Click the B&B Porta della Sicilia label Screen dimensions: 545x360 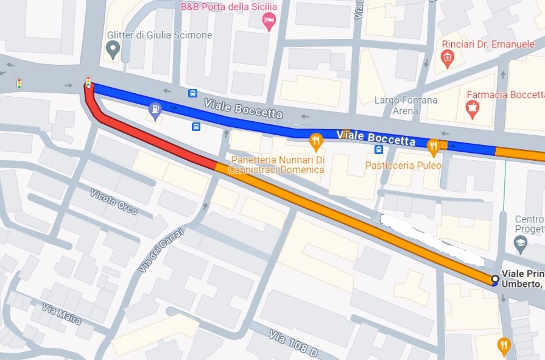point(228,7)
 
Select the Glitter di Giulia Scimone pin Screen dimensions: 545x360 point(112,48)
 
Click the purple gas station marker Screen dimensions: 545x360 point(156,110)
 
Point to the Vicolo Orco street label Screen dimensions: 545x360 point(113,202)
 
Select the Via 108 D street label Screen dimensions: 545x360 point(294,344)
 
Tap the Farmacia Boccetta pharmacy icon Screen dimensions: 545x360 point(472,109)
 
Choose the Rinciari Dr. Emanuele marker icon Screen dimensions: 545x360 point(447,59)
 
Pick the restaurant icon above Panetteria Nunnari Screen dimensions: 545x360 point(315,142)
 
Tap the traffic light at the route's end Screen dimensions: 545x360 point(89,81)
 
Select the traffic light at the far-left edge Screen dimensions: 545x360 point(19,83)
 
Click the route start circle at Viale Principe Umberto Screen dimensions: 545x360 point(495,280)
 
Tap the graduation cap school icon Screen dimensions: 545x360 point(520,245)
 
